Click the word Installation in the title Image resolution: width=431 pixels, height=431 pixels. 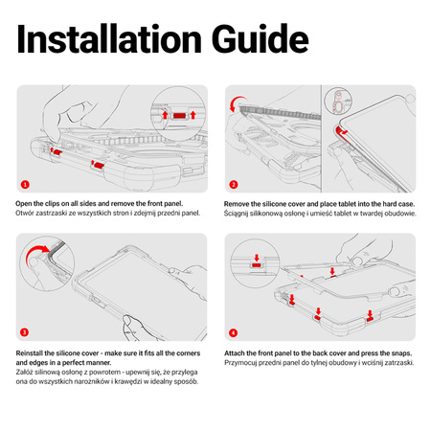109,38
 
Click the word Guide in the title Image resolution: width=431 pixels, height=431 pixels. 261,38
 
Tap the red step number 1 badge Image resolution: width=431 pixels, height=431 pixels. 25,185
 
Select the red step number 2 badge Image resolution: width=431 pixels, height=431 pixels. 234,185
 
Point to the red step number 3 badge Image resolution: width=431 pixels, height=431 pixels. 24,332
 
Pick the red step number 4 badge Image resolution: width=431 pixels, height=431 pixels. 233,332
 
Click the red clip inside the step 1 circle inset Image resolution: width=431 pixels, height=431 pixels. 179,116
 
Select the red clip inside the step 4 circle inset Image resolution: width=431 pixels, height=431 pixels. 256,265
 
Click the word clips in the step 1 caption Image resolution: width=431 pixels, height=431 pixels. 52,204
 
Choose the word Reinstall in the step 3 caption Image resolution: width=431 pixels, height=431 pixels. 30,353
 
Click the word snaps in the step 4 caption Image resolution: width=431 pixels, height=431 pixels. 402,353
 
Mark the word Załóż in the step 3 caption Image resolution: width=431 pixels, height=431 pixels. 24,373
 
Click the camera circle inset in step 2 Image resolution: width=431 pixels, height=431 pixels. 338,101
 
